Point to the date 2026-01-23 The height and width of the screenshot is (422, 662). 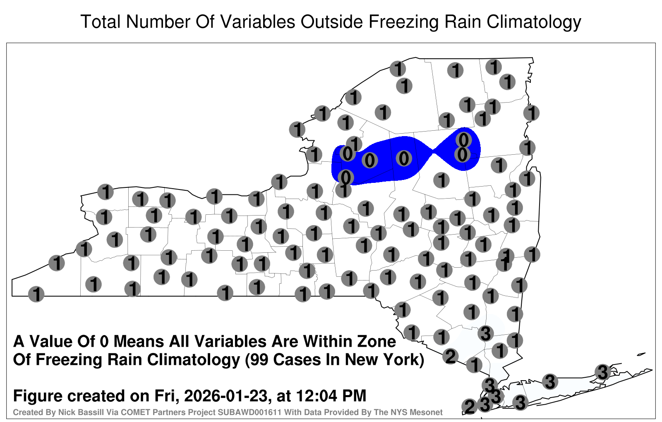225,396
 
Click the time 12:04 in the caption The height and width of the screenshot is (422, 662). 316,396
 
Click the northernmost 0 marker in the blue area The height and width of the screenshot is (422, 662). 463,140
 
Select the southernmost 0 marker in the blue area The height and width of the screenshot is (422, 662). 346,177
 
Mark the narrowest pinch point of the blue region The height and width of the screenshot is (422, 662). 433,153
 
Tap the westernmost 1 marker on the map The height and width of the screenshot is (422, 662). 36,294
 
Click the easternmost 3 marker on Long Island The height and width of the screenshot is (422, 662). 602,372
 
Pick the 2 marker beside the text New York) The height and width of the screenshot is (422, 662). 451,356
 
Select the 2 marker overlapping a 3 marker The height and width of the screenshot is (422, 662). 470,407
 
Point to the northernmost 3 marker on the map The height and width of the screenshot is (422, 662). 486,333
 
